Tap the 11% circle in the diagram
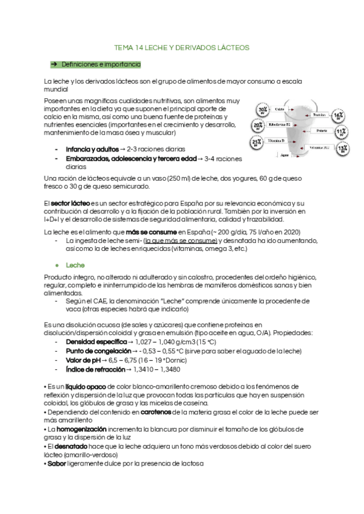coord(342,132)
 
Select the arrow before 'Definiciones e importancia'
coord(53,64)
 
